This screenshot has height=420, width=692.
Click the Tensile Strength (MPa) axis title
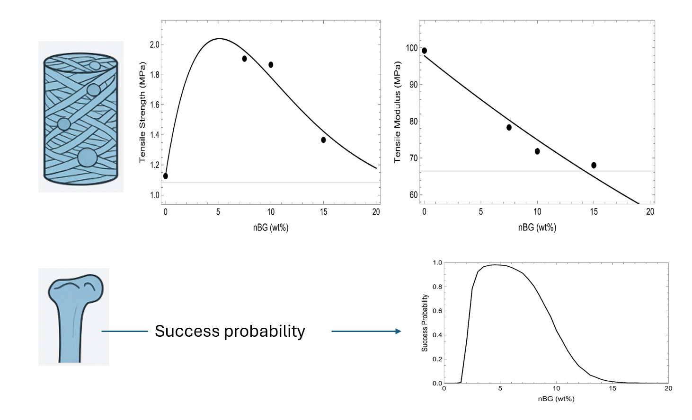click(x=142, y=113)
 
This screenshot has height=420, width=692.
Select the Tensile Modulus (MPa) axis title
click(x=398, y=113)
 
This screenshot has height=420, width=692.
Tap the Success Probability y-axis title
click(x=425, y=323)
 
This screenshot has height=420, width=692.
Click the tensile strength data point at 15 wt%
click(x=323, y=140)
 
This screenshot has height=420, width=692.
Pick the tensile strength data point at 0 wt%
click(x=165, y=176)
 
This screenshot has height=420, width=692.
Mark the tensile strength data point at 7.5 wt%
click(x=244, y=59)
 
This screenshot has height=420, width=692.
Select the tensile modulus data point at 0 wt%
click(x=424, y=51)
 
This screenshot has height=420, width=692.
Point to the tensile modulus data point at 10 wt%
click(x=537, y=151)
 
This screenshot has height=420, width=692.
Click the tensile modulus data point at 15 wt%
click(x=594, y=165)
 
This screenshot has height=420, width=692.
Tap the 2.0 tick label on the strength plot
click(x=154, y=44)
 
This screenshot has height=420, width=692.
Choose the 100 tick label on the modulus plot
click(x=411, y=48)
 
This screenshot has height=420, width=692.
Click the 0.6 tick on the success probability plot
click(x=437, y=311)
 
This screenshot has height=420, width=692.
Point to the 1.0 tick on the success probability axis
click(x=437, y=262)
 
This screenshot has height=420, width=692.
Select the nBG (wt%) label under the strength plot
click(x=270, y=227)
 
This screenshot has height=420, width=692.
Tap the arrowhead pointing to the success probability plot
click(x=398, y=331)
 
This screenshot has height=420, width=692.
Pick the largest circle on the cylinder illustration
click(x=87, y=157)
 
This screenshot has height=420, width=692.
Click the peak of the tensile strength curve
click(x=219, y=39)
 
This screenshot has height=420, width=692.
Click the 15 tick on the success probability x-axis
click(x=612, y=388)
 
